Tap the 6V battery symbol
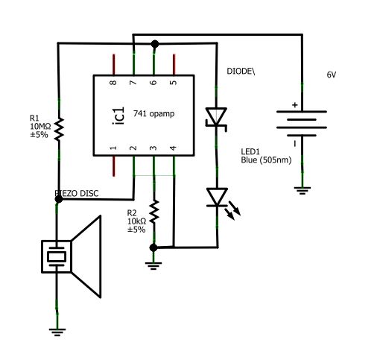302,124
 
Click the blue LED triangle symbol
217,197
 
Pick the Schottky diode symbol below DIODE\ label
217,117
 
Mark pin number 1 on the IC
114,149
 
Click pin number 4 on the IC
173,149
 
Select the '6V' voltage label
332,75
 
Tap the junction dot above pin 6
154,43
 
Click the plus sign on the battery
294,105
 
